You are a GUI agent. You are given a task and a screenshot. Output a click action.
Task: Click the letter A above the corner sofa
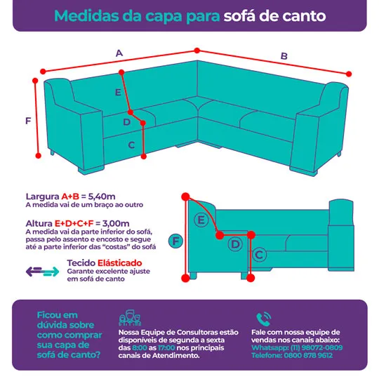119,53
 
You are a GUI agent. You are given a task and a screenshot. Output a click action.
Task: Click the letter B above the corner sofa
284,56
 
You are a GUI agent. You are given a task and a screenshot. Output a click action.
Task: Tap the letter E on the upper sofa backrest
118,92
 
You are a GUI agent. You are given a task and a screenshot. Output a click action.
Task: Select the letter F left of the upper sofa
28,121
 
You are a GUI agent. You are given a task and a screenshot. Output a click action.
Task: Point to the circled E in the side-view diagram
201,220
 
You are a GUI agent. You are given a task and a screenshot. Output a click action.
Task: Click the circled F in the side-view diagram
175,241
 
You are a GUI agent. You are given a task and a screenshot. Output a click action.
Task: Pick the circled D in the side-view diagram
235,244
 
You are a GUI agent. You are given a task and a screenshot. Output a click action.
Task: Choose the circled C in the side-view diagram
260,255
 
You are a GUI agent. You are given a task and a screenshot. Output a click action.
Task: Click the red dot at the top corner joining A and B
197,51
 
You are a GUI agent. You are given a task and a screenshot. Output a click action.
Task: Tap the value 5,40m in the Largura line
102,197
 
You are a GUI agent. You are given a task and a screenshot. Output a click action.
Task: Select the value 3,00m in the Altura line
116,223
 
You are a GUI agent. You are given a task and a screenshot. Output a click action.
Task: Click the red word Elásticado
119,262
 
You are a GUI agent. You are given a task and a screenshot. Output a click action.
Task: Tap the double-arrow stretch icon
42,272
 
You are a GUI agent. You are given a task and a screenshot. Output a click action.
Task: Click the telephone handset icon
263,319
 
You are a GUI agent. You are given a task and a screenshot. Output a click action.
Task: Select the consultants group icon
130,318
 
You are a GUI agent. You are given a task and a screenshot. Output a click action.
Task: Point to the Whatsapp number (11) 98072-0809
317,347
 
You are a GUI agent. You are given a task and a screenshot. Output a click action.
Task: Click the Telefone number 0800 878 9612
308,355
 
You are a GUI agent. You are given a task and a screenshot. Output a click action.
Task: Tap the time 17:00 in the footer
166,348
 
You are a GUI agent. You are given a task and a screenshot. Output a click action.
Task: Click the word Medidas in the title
87,16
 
